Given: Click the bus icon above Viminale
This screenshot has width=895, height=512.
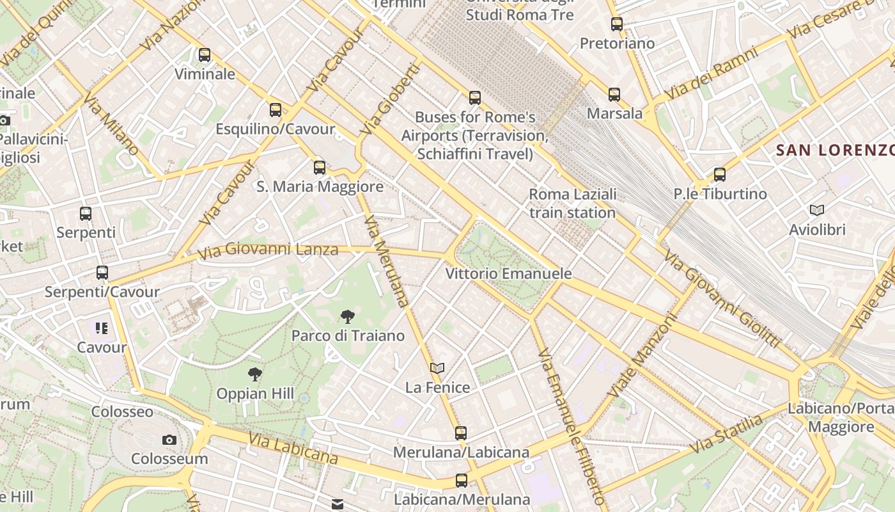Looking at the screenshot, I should click(205, 55).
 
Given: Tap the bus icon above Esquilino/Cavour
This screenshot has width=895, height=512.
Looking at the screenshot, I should click(276, 110).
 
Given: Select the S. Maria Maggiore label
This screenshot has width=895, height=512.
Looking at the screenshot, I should click(320, 187).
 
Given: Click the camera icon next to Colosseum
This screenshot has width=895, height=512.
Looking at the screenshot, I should click(169, 440).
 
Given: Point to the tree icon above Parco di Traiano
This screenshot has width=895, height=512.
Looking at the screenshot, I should click(348, 316).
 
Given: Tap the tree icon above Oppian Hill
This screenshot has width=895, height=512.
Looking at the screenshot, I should click(255, 374).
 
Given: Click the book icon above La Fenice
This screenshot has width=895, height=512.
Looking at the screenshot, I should click(437, 368).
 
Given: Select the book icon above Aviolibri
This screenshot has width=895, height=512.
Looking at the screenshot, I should click(817, 210).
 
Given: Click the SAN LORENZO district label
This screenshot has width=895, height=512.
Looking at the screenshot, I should click(834, 150).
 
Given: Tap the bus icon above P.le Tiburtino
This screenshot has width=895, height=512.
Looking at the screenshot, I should click(720, 174).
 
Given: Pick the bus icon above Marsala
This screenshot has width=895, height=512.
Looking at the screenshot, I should click(614, 95).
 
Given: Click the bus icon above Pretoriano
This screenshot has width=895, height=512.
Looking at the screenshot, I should click(617, 24).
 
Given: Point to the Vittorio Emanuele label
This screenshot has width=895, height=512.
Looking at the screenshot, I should click(508, 274).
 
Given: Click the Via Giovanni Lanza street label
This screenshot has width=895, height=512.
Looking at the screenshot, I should click(268, 250).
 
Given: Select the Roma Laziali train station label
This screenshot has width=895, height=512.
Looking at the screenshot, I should click(573, 203).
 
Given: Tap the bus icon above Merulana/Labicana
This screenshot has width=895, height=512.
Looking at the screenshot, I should click(461, 433).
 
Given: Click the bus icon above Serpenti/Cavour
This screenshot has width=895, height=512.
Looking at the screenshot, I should click(102, 273).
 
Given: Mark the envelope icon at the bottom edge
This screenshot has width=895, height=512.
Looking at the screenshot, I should click(338, 505).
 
